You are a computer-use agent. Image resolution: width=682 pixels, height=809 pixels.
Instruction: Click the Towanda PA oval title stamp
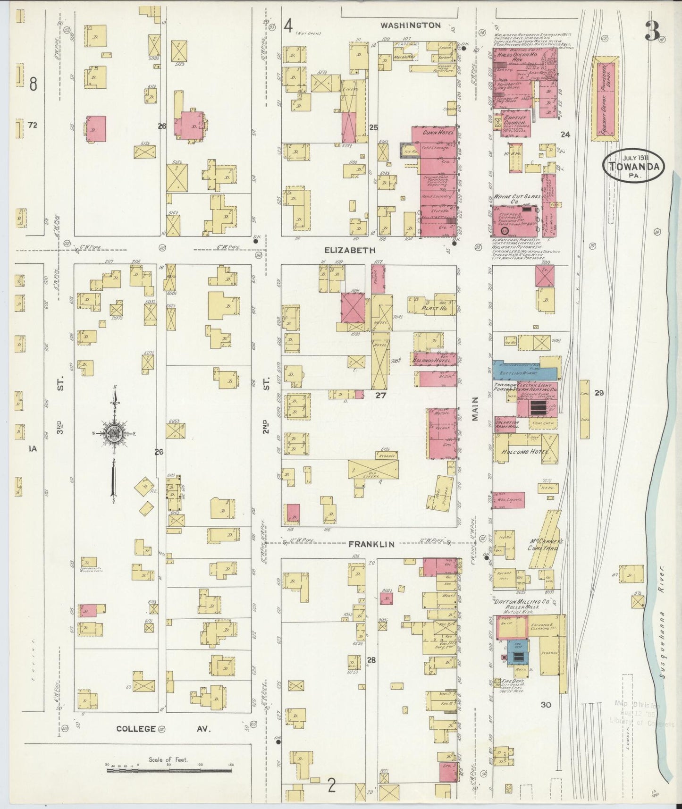pyautogui.click(x=633, y=166)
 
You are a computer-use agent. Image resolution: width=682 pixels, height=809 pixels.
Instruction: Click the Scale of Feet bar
pyautogui.click(x=169, y=770)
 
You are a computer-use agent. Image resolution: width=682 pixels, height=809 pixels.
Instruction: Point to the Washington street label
pyautogui.click(x=411, y=25)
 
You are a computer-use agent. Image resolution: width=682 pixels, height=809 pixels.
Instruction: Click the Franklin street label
pyautogui.click(x=371, y=544)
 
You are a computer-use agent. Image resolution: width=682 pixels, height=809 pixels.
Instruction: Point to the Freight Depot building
pyautogui.click(x=605, y=99)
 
